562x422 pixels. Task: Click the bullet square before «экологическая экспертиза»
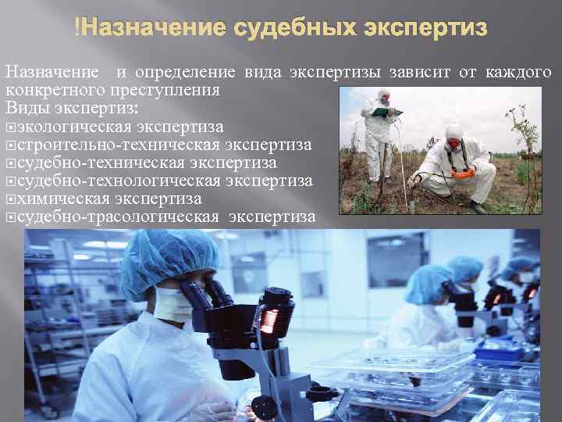(x=10, y=127)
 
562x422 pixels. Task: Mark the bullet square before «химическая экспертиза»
(x=10, y=199)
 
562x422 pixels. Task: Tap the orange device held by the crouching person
(x=463, y=173)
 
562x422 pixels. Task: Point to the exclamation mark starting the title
(x=76, y=29)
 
